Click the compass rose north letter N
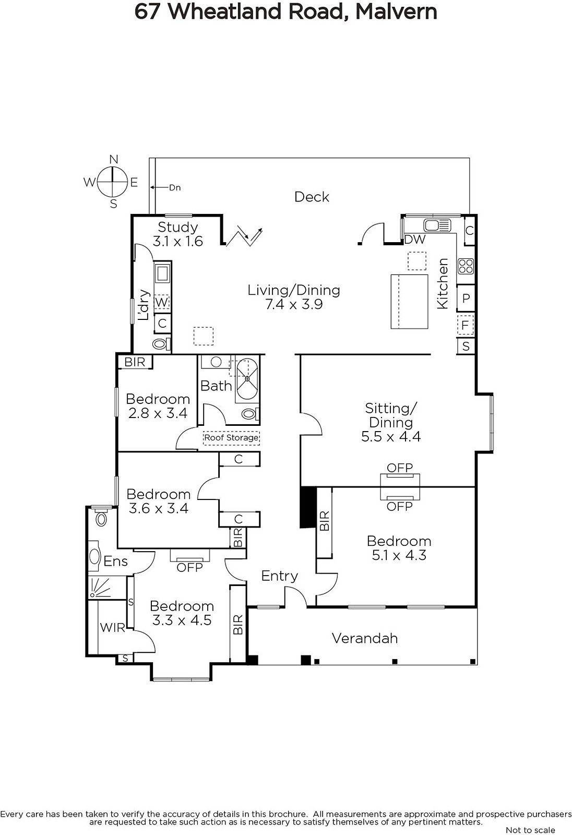(x=114, y=160)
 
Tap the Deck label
(x=312, y=197)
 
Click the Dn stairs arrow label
(x=175, y=187)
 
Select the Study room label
(x=178, y=227)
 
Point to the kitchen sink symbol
(x=437, y=225)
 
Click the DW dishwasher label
(x=414, y=240)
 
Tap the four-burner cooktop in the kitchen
(x=466, y=267)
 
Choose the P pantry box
(x=466, y=298)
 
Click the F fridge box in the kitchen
(x=465, y=325)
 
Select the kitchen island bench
(x=409, y=302)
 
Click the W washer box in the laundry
(x=161, y=302)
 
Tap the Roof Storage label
(x=231, y=437)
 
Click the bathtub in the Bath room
(x=247, y=379)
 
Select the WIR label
(x=112, y=628)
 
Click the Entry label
(x=280, y=576)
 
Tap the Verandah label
(x=365, y=639)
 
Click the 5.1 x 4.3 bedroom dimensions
(x=399, y=555)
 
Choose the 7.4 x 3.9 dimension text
(x=294, y=304)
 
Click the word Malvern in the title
(x=396, y=11)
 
